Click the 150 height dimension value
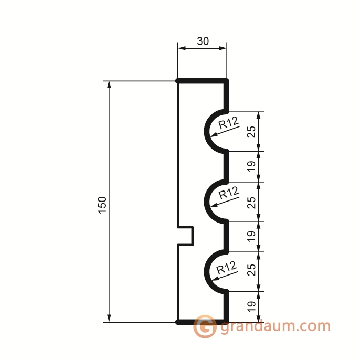[102, 205]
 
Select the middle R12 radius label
[228, 193]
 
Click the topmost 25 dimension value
[252, 132]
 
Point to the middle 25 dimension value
[252, 202]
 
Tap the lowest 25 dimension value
[252, 271]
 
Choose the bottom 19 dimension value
[252, 306]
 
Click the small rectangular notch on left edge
[186, 236]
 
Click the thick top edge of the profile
[202, 81]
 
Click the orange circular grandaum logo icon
[205, 327]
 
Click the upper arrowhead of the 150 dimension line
[109, 86]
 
